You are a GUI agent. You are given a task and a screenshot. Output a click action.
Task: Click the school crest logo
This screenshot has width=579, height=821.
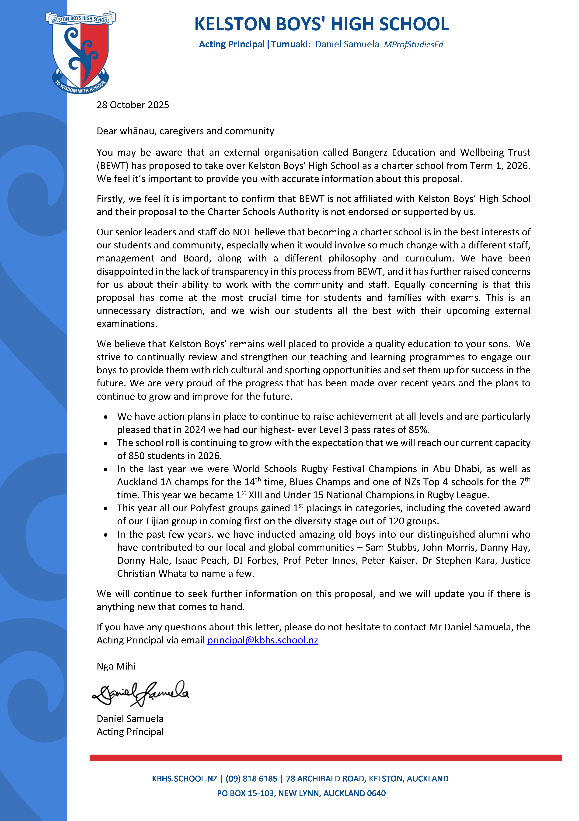click(80, 53)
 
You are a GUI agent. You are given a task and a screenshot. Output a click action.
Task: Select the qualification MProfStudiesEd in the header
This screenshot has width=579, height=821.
click(413, 44)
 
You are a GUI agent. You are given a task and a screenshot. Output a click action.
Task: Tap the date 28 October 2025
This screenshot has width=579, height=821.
click(133, 105)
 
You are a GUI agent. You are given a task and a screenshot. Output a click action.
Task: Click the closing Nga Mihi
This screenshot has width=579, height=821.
click(116, 666)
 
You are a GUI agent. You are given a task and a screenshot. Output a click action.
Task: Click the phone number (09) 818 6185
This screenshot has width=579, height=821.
click(251, 778)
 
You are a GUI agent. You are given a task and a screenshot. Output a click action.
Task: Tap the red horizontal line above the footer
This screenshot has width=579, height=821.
click(326, 757)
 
